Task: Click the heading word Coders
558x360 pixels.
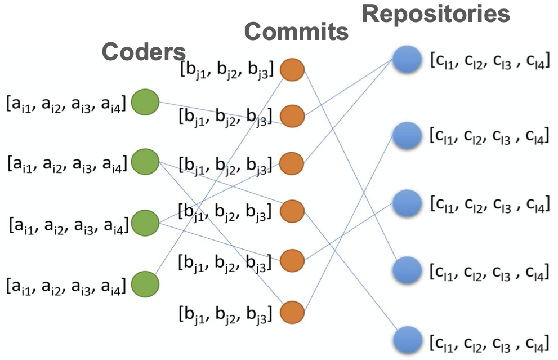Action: (x=144, y=52)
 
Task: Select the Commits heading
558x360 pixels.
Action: (x=297, y=32)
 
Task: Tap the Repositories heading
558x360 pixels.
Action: (x=436, y=14)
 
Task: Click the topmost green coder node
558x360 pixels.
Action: (x=145, y=103)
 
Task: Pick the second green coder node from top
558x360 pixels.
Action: (x=145, y=162)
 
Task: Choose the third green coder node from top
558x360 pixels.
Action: (x=145, y=223)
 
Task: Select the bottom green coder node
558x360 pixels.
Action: (x=145, y=283)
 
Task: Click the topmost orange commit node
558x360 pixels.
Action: (x=292, y=69)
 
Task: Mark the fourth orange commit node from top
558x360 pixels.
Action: (x=292, y=211)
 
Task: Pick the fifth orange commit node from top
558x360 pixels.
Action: (x=292, y=260)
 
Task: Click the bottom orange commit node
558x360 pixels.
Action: (x=292, y=311)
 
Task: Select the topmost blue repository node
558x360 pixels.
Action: (x=407, y=59)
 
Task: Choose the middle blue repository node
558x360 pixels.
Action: (x=407, y=202)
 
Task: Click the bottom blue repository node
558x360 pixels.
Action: (x=407, y=341)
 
